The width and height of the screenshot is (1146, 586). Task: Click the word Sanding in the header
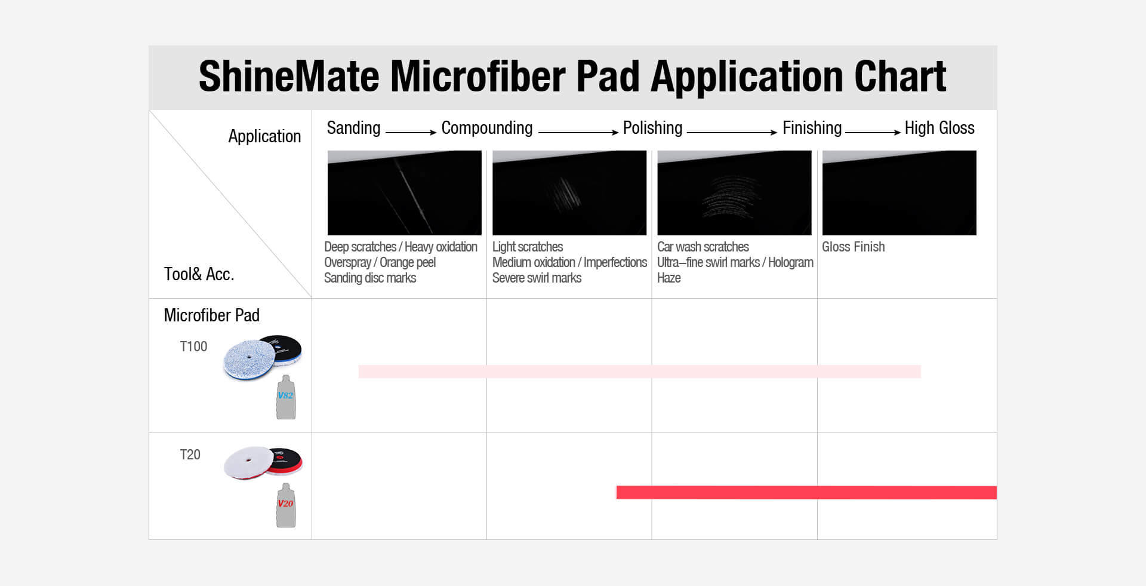tap(353, 128)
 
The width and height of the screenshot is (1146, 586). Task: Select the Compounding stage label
tap(487, 128)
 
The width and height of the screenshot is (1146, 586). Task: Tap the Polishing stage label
tap(652, 128)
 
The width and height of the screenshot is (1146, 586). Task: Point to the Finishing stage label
tap(812, 128)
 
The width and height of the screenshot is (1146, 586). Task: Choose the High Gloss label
tap(939, 128)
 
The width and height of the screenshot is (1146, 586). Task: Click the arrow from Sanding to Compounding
tap(411, 132)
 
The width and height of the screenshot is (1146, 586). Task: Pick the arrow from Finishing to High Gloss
tap(873, 132)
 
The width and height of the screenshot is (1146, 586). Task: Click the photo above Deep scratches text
tap(405, 193)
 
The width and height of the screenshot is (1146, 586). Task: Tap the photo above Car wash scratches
tap(734, 193)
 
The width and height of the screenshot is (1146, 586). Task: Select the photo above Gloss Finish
tap(899, 193)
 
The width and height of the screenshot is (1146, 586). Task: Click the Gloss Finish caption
tap(853, 247)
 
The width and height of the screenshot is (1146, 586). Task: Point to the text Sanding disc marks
tap(370, 278)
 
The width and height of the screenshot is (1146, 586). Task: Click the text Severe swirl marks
tap(537, 278)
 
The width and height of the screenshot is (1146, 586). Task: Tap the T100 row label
tap(193, 346)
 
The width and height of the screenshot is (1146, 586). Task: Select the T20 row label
tap(190, 455)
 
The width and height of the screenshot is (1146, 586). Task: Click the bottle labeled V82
tap(286, 397)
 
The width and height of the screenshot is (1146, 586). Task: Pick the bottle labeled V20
tap(286, 505)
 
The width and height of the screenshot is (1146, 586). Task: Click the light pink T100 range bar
tap(639, 372)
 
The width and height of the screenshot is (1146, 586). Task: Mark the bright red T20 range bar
tap(806, 492)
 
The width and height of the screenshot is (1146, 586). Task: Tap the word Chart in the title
tap(900, 76)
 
